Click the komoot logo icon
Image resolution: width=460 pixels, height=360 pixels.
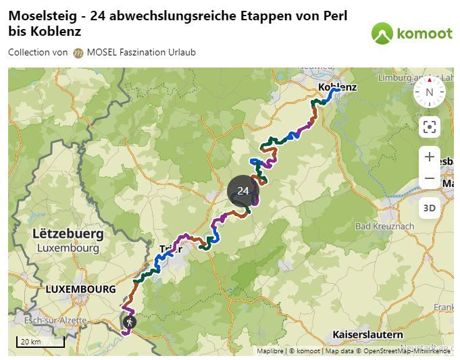coord(382,32)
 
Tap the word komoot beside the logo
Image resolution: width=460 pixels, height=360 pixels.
coord(424,33)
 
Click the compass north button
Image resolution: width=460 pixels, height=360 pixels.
coord(429,93)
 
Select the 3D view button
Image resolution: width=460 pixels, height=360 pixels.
coord(429,208)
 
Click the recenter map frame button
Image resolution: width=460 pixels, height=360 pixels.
coord(429,126)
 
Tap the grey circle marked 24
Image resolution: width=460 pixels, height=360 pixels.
coord(243,191)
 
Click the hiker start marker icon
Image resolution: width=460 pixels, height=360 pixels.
coord(128,323)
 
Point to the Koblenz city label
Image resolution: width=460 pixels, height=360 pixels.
coord(337,87)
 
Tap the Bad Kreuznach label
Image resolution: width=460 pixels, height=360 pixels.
coord(384,226)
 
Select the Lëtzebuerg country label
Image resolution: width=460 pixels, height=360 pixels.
coord(68,234)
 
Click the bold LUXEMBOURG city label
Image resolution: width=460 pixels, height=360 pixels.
coord(80,289)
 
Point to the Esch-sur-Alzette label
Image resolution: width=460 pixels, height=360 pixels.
coord(51,320)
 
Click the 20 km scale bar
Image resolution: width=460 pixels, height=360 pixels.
coord(40,341)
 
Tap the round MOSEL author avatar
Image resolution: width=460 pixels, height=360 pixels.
coord(78,53)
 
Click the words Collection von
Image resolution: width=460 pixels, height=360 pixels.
coord(38,53)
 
